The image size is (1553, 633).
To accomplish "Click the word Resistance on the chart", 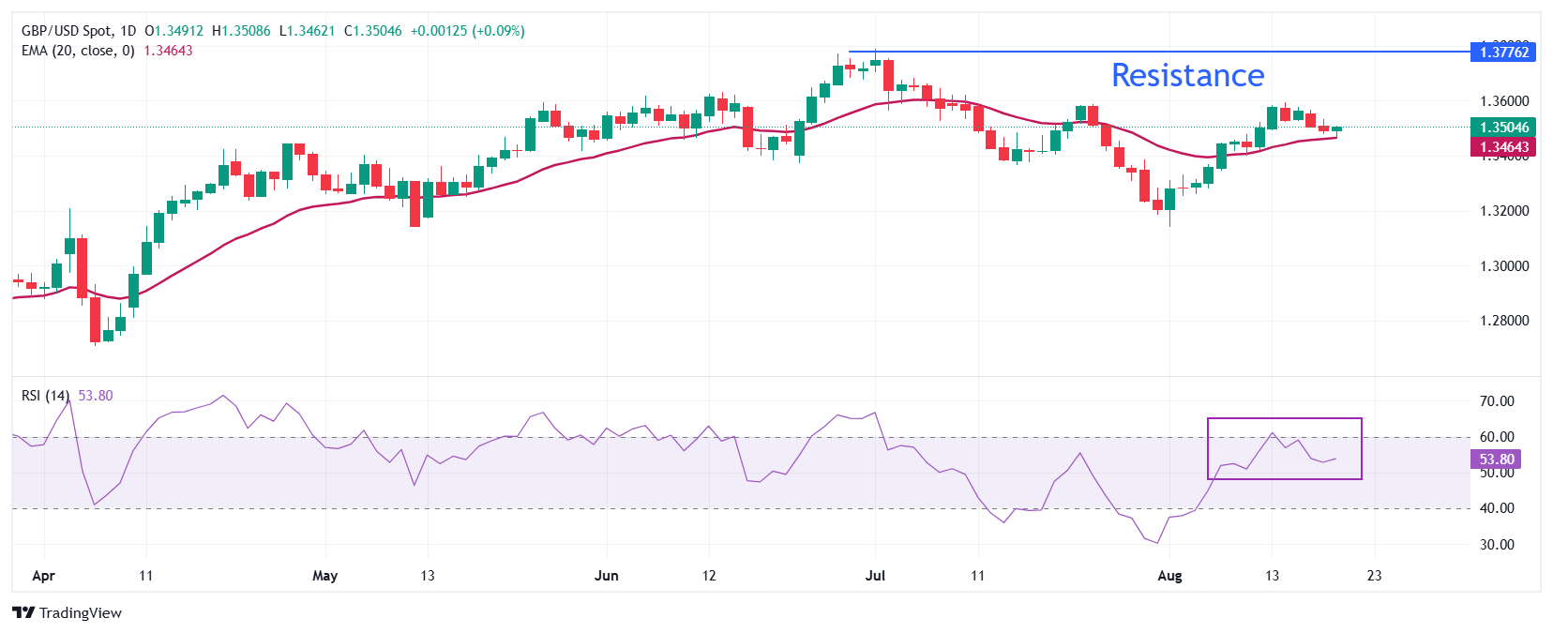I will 1187,75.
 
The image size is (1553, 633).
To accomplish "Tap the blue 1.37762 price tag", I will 1503,53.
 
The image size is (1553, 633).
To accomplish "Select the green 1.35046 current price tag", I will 1503,128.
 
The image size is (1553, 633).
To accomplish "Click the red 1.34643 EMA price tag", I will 1503,147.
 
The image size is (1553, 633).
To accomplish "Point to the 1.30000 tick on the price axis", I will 1503,266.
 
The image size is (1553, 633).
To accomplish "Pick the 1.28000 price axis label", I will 1503,321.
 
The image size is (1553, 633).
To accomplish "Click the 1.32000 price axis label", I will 1503,211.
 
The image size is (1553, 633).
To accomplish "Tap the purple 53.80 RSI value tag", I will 1496,460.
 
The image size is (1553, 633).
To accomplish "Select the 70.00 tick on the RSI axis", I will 1496,401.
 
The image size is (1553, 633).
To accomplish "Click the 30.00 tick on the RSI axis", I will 1496,545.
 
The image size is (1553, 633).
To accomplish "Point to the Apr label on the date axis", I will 43,576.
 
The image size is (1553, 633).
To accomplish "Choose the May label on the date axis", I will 324,576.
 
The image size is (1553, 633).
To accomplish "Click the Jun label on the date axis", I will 607,576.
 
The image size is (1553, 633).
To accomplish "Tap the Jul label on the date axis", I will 875,576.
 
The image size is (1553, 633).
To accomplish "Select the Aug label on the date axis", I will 1169,576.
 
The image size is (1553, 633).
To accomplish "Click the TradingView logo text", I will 80,613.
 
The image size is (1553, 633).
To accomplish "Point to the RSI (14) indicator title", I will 45,396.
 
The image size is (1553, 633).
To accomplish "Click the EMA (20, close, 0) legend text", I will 78,51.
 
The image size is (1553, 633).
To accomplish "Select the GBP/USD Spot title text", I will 65,31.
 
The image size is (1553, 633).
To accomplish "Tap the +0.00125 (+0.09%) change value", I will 467,31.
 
